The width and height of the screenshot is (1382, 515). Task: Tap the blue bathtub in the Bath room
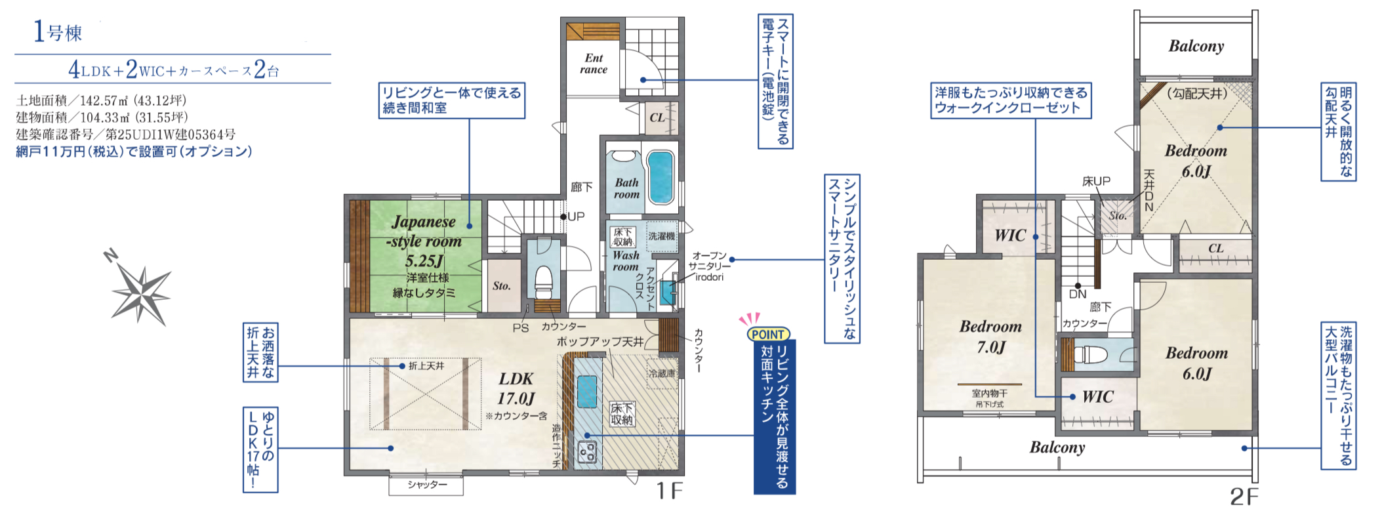[x=659, y=177]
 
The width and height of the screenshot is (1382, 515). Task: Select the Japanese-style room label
[x=424, y=241]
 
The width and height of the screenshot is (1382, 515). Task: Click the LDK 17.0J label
[x=516, y=388]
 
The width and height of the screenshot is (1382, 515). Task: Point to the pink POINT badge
[x=768, y=334]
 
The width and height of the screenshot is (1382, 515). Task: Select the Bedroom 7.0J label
[x=990, y=337]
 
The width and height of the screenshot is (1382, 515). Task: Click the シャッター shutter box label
[x=426, y=485]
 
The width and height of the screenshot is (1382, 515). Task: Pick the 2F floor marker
[x=1244, y=497]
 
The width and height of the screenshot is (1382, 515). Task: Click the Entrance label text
[x=594, y=64]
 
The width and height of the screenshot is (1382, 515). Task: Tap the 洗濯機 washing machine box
[x=661, y=236]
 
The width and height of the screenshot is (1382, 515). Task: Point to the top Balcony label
[x=1196, y=46]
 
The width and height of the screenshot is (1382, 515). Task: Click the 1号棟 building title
[x=58, y=31]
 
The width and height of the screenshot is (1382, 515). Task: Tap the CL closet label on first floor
[x=657, y=118]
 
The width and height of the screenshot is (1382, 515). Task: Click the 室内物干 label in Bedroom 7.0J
[x=989, y=394]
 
